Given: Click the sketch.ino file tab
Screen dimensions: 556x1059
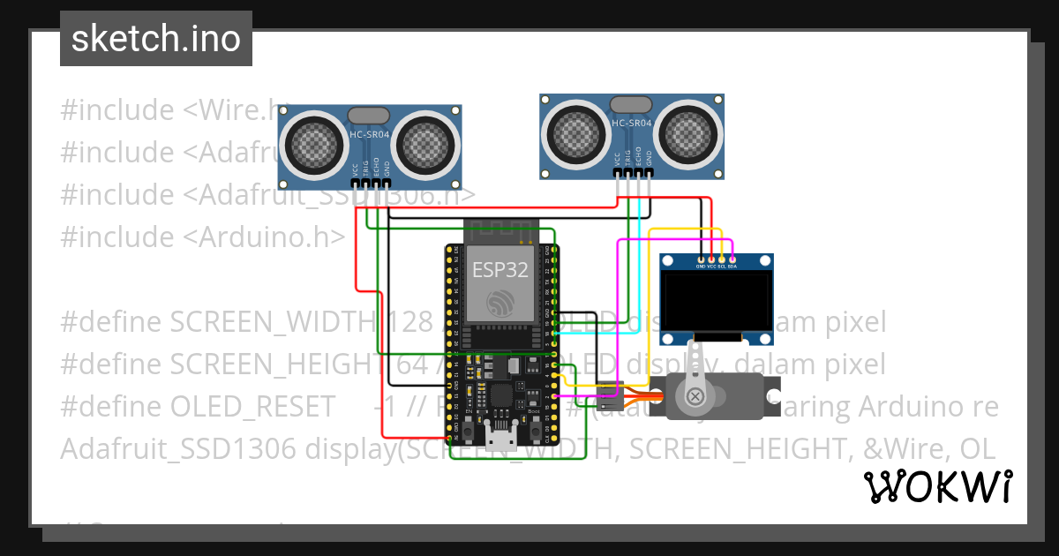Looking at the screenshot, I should click(x=155, y=39).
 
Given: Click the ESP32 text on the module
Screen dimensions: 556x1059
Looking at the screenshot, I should click(x=499, y=269).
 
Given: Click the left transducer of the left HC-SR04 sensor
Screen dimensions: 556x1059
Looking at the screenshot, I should click(x=313, y=142).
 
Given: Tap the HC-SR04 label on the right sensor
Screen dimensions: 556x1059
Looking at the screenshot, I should click(x=631, y=124).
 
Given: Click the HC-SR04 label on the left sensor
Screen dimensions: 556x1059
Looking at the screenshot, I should click(x=370, y=133).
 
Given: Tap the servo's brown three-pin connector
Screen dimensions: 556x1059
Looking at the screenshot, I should click(x=609, y=397).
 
